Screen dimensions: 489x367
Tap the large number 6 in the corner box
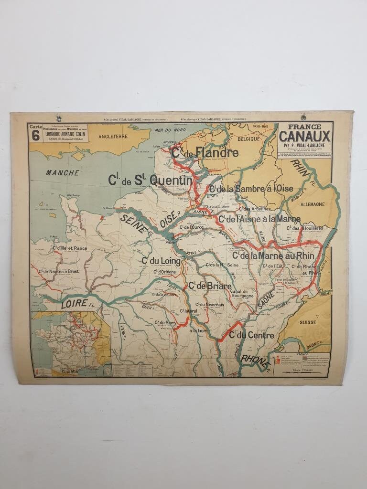[35, 135]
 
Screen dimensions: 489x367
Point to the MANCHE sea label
[63, 173]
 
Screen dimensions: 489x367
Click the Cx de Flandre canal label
[205, 153]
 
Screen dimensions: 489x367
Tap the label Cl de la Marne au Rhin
[274, 255]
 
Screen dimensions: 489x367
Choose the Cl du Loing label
[161, 261]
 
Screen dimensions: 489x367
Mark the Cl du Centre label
[251, 335]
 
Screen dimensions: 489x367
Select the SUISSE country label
[308, 322]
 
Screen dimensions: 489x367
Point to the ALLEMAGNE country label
[313, 204]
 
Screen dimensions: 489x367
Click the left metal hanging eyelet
[58, 118]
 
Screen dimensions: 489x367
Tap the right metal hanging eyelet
[303, 117]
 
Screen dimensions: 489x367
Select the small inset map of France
[71, 343]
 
